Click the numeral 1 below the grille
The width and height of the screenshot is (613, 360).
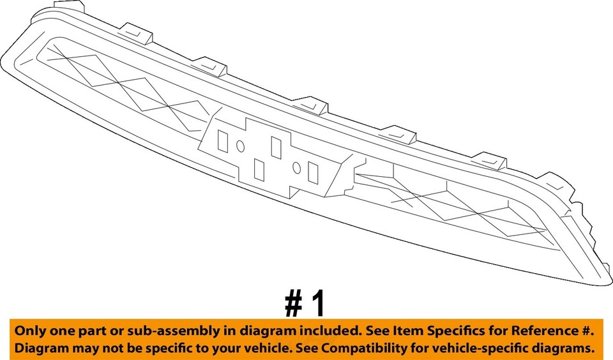pyautogui.click(x=317, y=304)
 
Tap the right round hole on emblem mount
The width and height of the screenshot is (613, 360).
pyautogui.click(x=297, y=167)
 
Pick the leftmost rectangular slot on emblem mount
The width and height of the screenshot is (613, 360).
pyautogui.click(x=222, y=140)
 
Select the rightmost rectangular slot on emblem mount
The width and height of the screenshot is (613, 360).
pyautogui.click(x=313, y=172)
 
